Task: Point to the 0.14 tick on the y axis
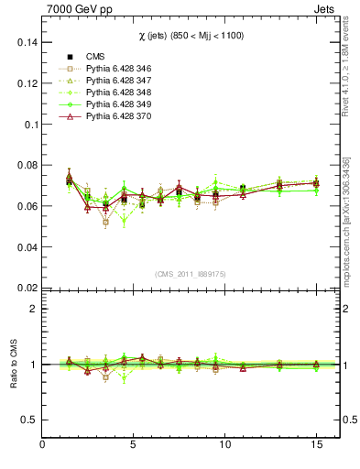coord(27,42)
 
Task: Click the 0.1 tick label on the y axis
coord(30,125)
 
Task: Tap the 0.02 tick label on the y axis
coord(27,288)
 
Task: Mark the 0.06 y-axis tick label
coord(27,206)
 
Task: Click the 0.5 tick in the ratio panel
coord(30,420)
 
